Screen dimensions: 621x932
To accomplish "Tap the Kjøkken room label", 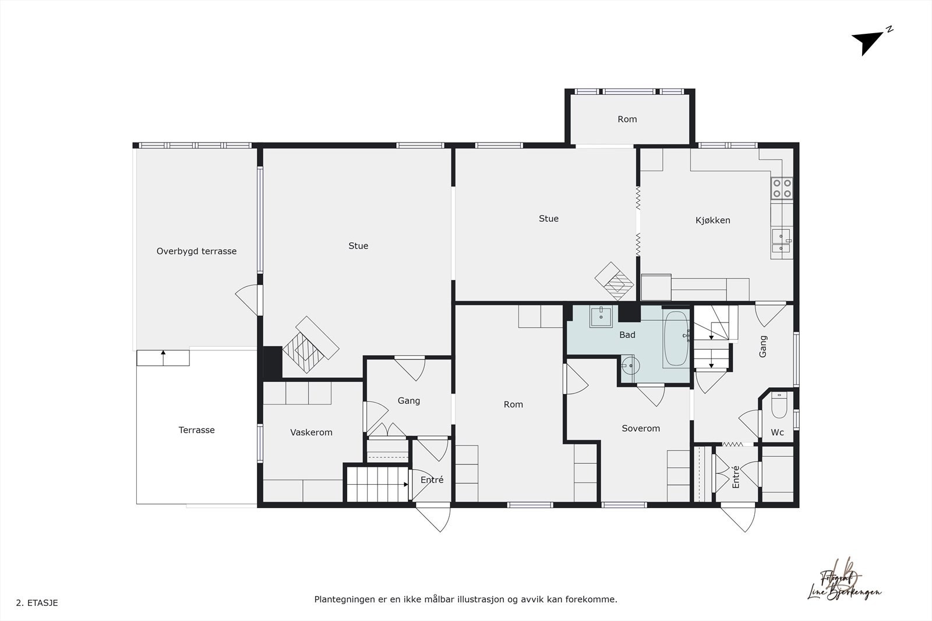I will pyautogui.click(x=712, y=220).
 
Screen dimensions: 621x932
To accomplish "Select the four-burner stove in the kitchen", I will pyautogui.click(x=782, y=188).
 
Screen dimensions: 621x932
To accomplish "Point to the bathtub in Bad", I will pyautogui.click(x=676, y=339).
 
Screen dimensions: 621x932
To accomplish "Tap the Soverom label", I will pyautogui.click(x=641, y=428).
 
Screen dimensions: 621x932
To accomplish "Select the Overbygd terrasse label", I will pyautogui.click(x=196, y=251).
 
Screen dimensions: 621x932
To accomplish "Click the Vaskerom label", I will pyautogui.click(x=311, y=432).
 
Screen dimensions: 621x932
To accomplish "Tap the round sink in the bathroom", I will pyautogui.click(x=629, y=366).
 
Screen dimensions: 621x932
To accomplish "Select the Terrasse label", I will pyautogui.click(x=196, y=430).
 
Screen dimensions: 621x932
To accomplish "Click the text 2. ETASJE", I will pyautogui.click(x=37, y=603).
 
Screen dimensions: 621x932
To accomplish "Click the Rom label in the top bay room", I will pyautogui.click(x=627, y=119).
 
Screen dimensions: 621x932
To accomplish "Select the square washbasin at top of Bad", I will pyautogui.click(x=601, y=317).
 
